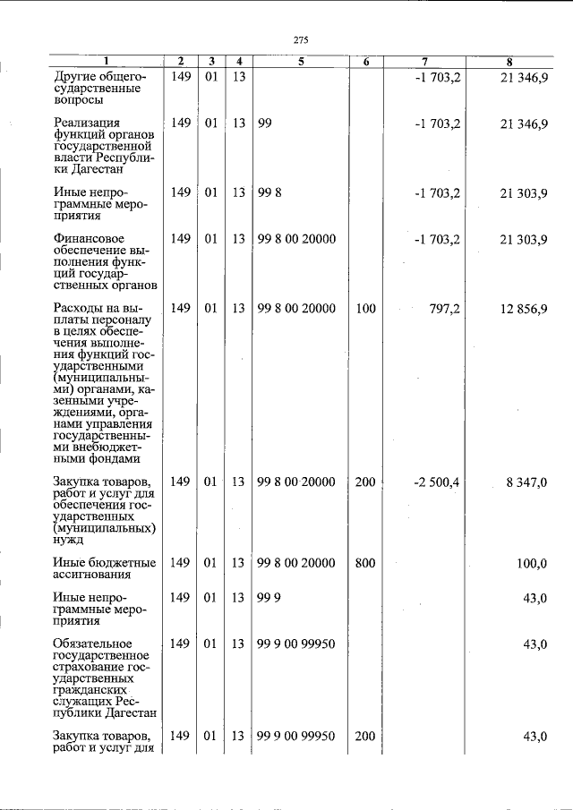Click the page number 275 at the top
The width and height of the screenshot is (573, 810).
coord(301,39)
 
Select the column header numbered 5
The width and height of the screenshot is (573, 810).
coord(301,62)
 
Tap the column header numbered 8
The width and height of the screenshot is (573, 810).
coord(509,62)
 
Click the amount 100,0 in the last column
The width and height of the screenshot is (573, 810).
coord(532,563)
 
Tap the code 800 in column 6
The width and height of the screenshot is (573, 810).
coord(365,563)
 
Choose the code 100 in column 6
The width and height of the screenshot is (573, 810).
coord(365,309)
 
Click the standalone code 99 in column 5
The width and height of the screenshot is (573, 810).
coord(264,124)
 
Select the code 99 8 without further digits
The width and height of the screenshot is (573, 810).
coord(269,193)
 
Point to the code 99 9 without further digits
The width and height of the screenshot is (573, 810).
coord(269,598)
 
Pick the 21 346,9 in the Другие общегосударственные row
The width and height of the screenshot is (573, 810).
coord(525,78)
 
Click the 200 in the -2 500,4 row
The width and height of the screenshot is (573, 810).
coord(365,482)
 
